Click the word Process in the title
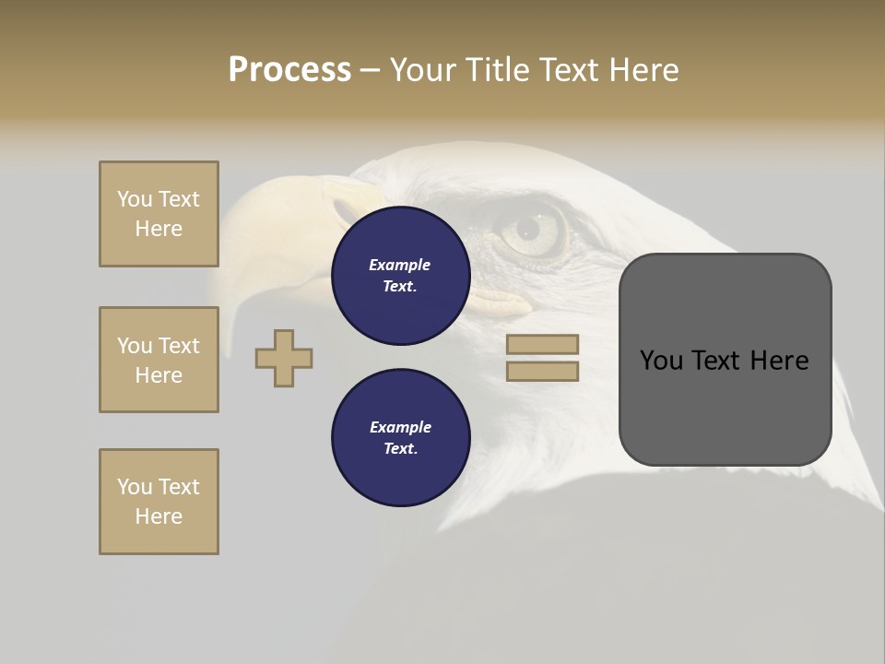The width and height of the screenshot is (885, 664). (289, 70)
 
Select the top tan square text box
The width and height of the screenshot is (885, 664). (159, 214)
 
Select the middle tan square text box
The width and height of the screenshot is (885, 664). (159, 360)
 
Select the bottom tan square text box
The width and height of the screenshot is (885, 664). (159, 502)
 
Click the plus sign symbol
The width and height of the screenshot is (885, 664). (284, 358)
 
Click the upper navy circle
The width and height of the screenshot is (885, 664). (401, 276)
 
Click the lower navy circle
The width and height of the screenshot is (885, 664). (401, 438)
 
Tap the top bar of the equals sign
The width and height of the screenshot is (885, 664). (542, 344)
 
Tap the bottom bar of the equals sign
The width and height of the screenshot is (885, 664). (542, 371)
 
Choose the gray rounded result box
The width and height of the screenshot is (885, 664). (725, 406)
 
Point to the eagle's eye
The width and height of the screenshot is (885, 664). (527, 227)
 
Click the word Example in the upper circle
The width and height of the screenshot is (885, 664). (399, 265)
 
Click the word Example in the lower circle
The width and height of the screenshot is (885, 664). (400, 427)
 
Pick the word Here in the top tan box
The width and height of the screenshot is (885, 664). (159, 229)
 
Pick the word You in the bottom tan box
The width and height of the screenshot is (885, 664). (135, 487)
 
